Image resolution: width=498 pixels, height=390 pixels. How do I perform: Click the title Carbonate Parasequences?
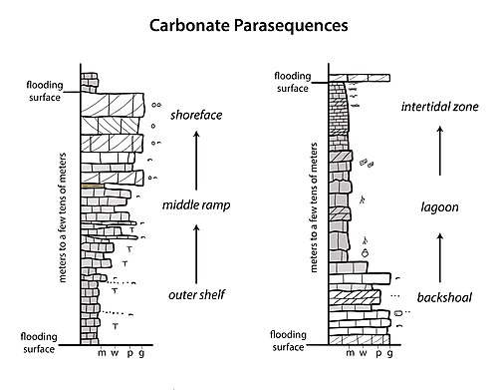click(x=249, y=26)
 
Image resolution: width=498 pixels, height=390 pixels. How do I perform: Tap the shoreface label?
click(x=196, y=115)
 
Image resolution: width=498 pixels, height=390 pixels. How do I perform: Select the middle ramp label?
click(x=196, y=204)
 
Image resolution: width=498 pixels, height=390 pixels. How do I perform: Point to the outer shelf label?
click(x=197, y=294)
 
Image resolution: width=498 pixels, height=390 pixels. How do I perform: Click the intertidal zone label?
click(x=440, y=107)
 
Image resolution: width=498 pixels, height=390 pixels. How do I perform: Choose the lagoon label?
click(x=440, y=207)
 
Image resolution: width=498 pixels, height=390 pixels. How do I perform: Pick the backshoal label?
click(x=444, y=297)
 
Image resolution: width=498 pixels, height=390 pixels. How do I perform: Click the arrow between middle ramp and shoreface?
click(x=196, y=161)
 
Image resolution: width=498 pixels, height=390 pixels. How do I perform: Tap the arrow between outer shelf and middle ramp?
click(x=196, y=254)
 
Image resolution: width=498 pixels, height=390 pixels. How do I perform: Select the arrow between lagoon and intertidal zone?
click(x=440, y=151)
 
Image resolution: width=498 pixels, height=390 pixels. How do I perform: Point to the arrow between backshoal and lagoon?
click(x=440, y=257)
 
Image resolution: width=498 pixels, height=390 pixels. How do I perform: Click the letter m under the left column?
click(x=102, y=353)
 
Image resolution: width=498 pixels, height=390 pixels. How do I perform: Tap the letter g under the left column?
click(x=141, y=354)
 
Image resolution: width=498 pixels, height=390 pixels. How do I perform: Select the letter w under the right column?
click(x=363, y=353)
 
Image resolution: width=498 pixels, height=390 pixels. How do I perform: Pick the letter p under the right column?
click(x=378, y=354)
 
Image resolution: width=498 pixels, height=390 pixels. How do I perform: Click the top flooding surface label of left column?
click(x=45, y=91)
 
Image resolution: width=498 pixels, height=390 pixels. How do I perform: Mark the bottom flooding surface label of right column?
click(x=288, y=341)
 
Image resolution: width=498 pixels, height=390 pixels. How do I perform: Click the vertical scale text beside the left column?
click(x=62, y=217)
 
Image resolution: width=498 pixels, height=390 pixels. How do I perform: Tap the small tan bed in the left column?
click(x=93, y=186)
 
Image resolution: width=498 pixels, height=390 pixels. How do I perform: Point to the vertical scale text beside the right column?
click(x=313, y=207)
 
